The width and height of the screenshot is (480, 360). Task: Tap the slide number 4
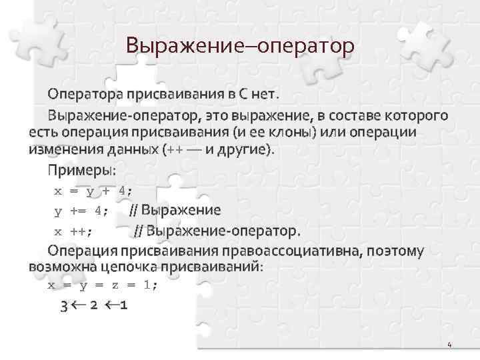tap(449, 345)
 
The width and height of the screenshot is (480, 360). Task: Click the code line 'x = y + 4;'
tap(93, 191)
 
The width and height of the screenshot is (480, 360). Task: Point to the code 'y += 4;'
tap(80, 211)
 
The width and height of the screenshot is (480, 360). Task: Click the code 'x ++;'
tap(73, 231)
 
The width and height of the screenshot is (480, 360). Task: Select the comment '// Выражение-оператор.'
tap(217, 231)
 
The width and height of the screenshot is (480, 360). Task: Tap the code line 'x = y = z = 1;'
tap(103, 285)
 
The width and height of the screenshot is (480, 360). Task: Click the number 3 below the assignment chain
tap(63, 307)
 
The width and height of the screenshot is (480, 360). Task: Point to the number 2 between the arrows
tap(94, 307)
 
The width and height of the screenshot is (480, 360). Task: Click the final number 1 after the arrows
tap(125, 307)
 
